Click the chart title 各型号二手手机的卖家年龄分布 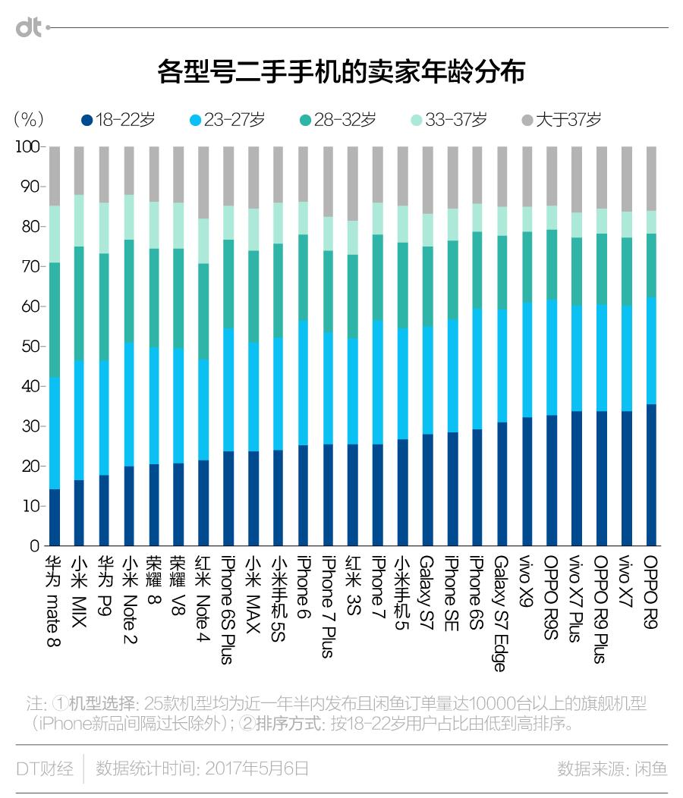pos(341,73)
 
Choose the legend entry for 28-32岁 pos(338,119)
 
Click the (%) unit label pos(29,119)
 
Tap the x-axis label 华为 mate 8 pos(54,602)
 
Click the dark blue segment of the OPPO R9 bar pos(650,475)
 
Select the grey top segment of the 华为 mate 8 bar pos(54,176)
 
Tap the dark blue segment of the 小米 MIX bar pos(79,513)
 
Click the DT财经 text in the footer pos(45,768)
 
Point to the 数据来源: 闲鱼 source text pos(612,768)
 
